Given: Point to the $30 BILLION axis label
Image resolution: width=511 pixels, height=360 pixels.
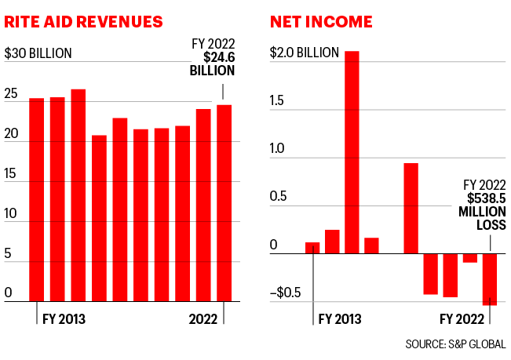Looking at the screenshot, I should click(x=38, y=54).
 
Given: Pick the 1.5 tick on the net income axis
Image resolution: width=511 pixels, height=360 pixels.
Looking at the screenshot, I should click(x=279, y=104).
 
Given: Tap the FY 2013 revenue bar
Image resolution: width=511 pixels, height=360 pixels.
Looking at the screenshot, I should click(x=36, y=199).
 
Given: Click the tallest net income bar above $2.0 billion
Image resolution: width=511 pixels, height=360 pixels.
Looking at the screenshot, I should click(x=352, y=152).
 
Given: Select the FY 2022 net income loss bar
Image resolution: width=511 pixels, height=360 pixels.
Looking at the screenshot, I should click(x=490, y=278).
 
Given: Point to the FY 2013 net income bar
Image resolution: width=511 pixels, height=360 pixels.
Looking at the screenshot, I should click(x=312, y=248).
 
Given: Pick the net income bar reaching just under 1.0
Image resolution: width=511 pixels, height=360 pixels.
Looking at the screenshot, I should click(x=411, y=208).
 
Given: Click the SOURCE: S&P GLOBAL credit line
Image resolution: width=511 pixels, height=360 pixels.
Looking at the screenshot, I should click(x=455, y=344).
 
